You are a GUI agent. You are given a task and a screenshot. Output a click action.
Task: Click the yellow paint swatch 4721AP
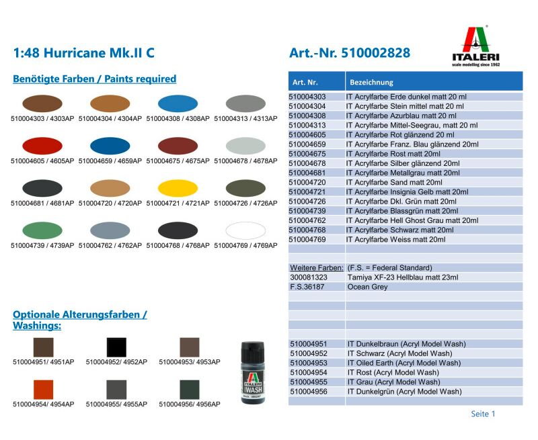tap(178, 188)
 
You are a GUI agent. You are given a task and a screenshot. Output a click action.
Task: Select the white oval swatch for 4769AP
tap(245, 230)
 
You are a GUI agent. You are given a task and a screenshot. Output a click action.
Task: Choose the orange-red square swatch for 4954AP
tap(43, 390)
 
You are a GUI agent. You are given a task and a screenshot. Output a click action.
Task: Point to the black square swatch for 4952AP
tap(116, 347)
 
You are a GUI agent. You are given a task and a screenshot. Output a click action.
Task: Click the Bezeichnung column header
tap(371, 83)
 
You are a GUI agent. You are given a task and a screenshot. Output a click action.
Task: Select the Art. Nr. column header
tap(305, 83)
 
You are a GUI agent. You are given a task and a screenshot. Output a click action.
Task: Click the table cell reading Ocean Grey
tap(368, 287)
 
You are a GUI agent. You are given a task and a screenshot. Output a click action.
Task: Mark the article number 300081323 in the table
tap(309, 277)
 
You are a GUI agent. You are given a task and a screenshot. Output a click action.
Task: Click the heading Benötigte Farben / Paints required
tap(95, 79)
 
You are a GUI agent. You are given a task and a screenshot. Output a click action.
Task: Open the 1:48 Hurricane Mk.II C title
tap(84, 54)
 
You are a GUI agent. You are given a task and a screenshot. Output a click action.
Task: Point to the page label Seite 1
tap(483, 414)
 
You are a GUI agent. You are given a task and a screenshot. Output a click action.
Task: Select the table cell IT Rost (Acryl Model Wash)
tap(393, 372)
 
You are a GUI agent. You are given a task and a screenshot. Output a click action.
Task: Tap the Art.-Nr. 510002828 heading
tap(349, 54)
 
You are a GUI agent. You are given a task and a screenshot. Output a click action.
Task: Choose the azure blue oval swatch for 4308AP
tap(178, 103)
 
